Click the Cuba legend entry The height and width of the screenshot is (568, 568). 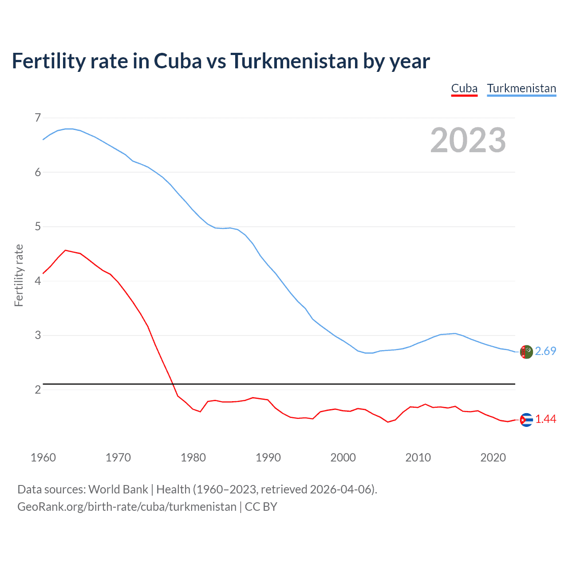pyautogui.click(x=464, y=88)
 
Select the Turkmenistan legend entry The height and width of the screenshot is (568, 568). pyautogui.click(x=521, y=88)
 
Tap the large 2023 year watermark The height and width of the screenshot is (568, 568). pyautogui.click(x=468, y=140)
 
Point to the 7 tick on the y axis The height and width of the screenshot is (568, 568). pyautogui.click(x=38, y=118)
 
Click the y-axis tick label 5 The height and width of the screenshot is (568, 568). pyautogui.click(x=38, y=227)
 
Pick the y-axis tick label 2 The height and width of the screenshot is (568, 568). pyautogui.click(x=38, y=390)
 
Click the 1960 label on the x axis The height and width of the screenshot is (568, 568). pyautogui.click(x=43, y=458)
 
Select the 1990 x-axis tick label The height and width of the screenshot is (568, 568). pyautogui.click(x=268, y=458)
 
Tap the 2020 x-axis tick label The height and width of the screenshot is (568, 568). pyautogui.click(x=493, y=458)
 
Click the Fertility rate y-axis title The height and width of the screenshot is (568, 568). pyautogui.click(x=19, y=275)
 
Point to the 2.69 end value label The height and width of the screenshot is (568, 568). pyautogui.click(x=545, y=351)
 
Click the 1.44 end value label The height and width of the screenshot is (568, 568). pyautogui.click(x=545, y=419)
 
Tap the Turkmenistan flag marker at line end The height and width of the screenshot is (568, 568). pyautogui.click(x=526, y=352)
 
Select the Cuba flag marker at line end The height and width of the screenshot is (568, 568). pyautogui.click(x=526, y=420)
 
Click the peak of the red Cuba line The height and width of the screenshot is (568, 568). pyautogui.click(x=66, y=250)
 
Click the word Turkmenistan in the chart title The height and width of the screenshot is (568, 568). pyautogui.click(x=294, y=61)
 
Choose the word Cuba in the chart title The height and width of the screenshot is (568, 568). pyautogui.click(x=177, y=61)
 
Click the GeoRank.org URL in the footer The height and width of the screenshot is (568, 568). pyautogui.click(x=127, y=507)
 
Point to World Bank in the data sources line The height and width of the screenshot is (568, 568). pyautogui.click(x=118, y=489)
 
